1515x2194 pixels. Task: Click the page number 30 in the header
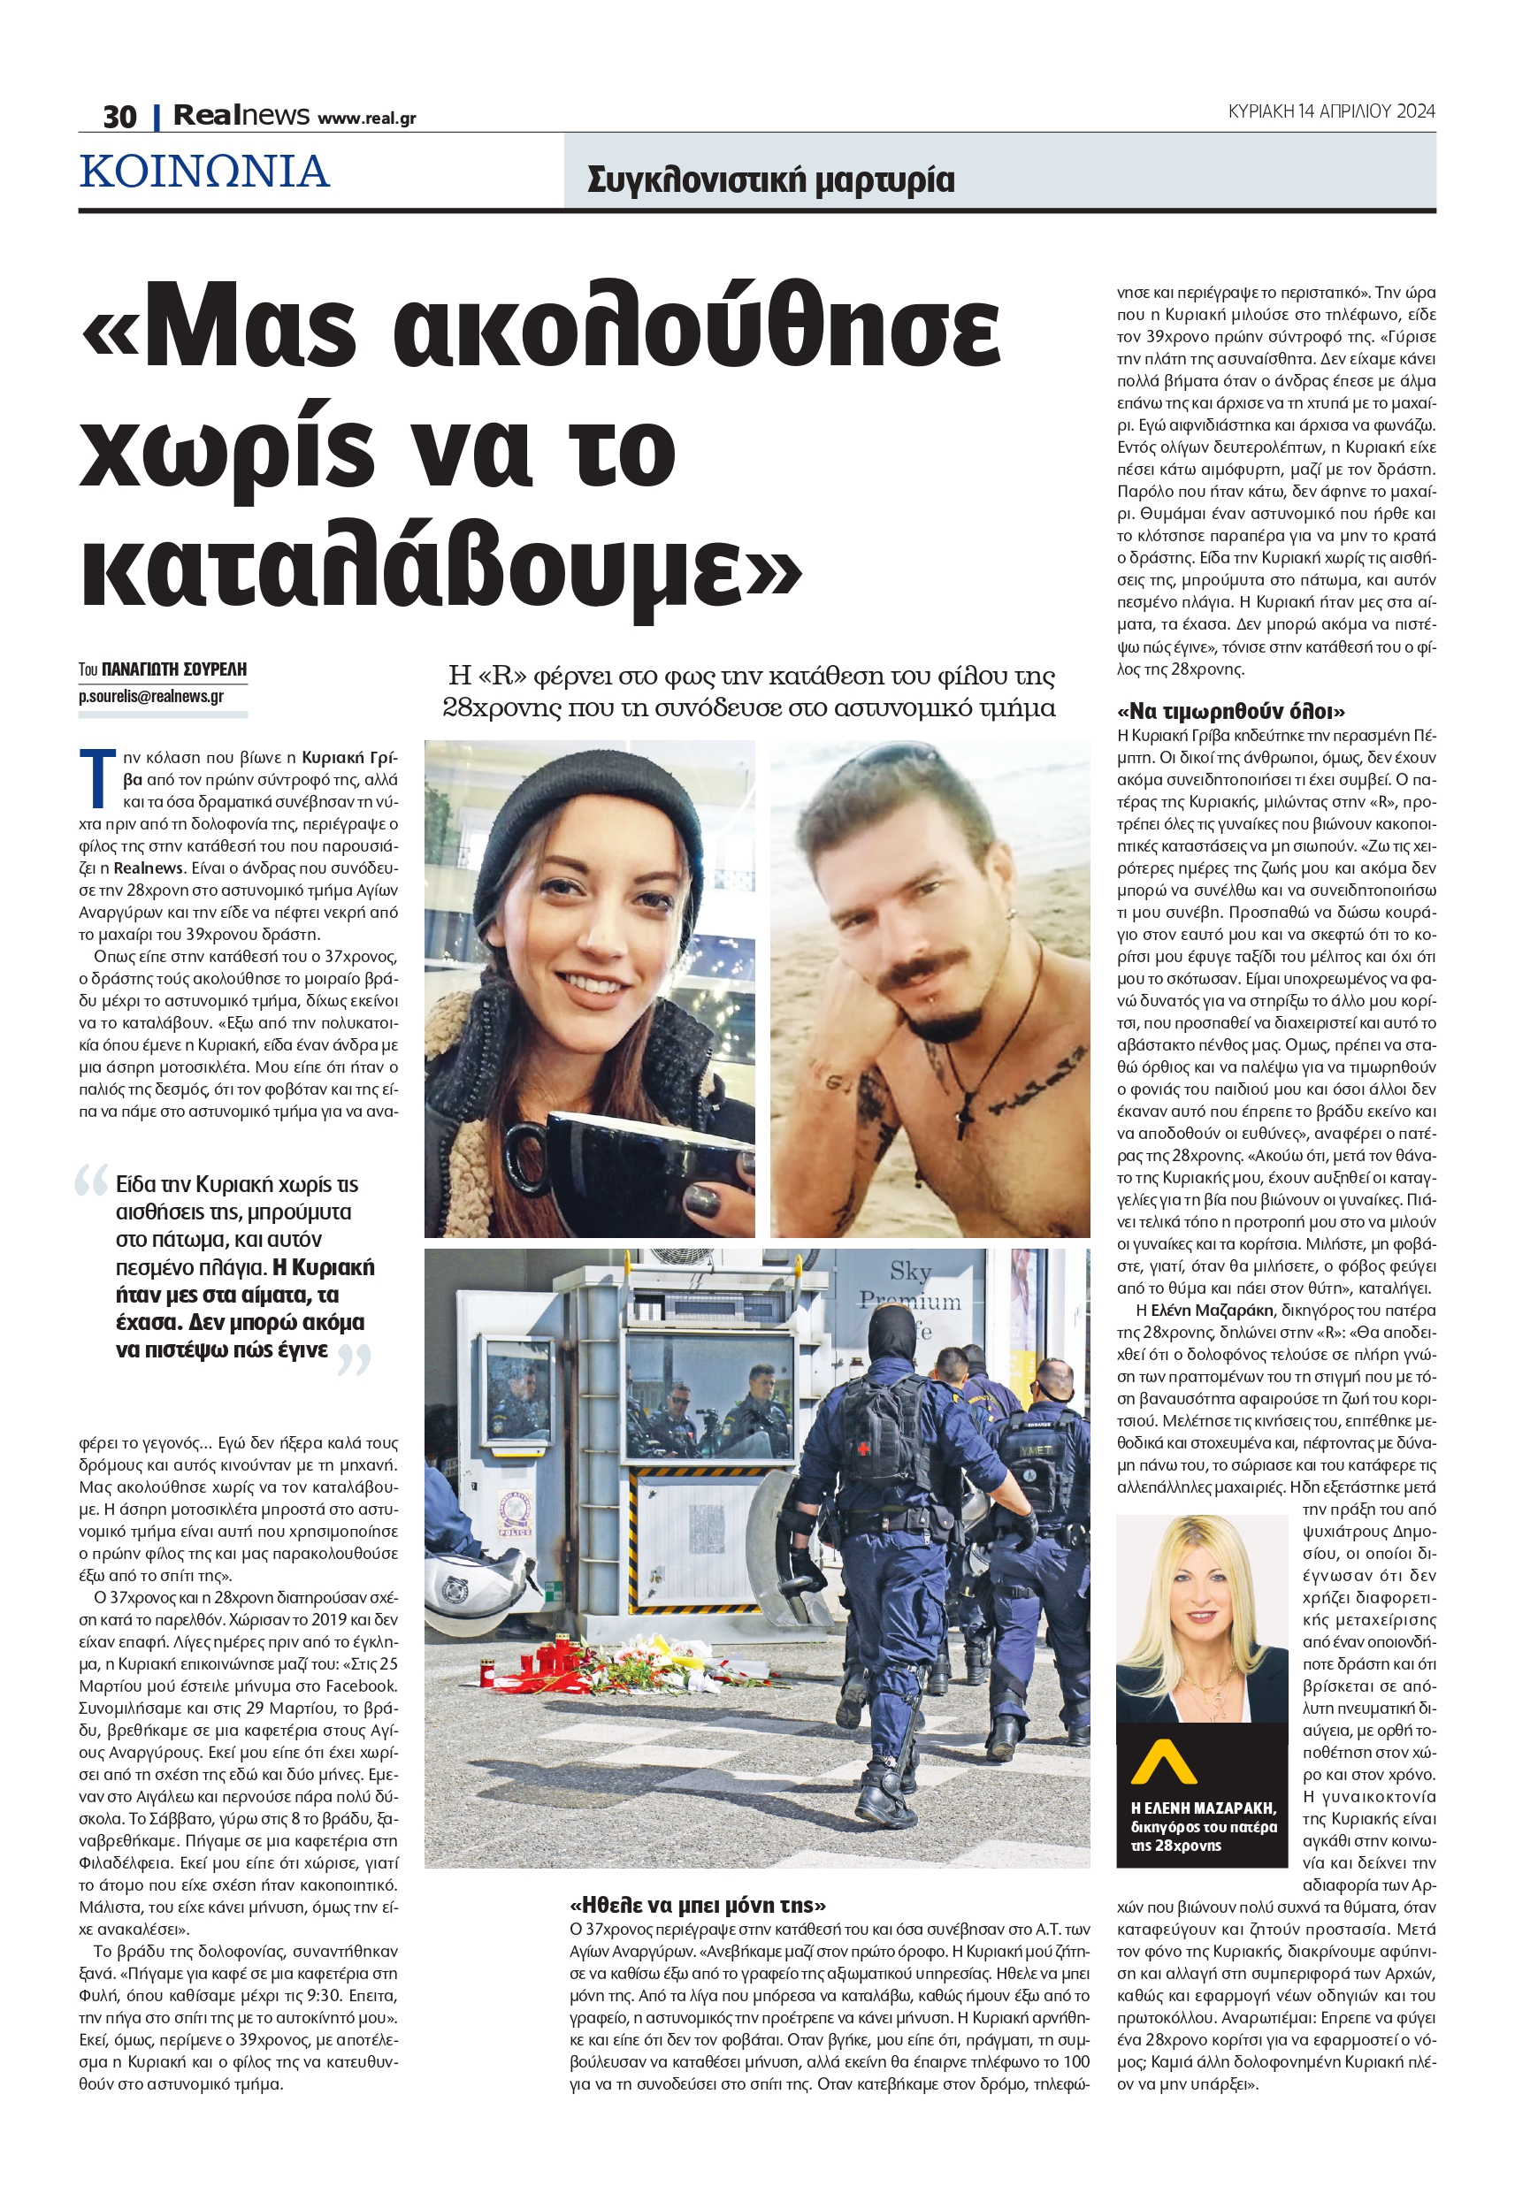119,117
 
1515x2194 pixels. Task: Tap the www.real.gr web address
366,118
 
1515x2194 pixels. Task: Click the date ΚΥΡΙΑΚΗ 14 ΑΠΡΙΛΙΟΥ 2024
1331,111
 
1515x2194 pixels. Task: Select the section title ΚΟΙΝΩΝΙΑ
205,172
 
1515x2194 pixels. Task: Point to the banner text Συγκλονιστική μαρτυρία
771,180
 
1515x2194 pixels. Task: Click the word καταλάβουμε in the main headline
441,571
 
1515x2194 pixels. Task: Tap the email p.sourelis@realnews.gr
151,697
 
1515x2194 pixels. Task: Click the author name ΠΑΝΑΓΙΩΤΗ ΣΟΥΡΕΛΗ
173,669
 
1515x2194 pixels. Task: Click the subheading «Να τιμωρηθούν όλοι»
1231,712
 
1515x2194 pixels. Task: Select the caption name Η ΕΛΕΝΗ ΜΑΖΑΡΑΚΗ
1203,1808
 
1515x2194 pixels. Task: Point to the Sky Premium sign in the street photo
910,1286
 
